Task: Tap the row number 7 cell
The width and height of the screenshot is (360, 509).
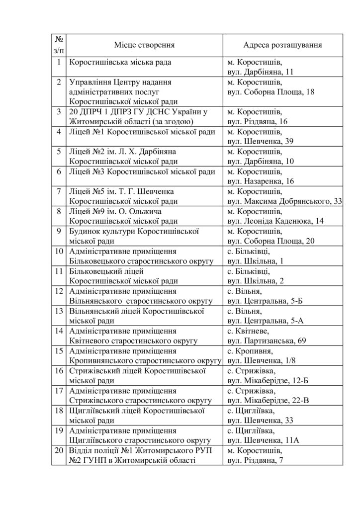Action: (x=59, y=191)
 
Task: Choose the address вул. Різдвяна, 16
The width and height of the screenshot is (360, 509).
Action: (x=262, y=121)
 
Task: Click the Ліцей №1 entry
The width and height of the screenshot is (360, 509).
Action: (x=142, y=132)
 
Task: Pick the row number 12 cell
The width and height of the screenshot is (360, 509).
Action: (x=59, y=291)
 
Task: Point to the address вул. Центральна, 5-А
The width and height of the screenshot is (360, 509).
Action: (x=266, y=321)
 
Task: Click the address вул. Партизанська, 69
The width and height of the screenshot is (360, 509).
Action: (x=268, y=340)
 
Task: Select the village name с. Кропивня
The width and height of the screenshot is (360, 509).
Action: (x=247, y=350)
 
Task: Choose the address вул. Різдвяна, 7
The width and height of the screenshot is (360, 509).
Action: (x=259, y=460)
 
